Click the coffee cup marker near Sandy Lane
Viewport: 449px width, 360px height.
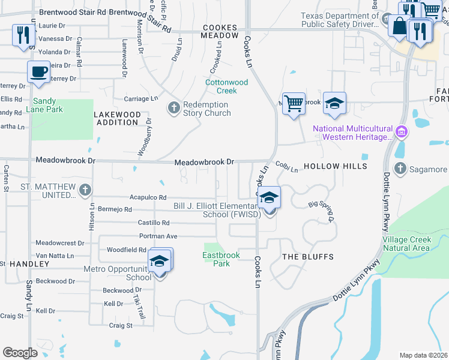coord(39,72)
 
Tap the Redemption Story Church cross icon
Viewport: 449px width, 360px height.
coord(174,108)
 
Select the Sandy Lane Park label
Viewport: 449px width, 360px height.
coord(47,106)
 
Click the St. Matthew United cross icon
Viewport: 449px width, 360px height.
coord(85,191)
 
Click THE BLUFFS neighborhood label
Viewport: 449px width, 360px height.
coord(308,257)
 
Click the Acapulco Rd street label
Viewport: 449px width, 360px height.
coord(148,197)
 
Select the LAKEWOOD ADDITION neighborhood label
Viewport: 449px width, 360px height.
coord(116,118)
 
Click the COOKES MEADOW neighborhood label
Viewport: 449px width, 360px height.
coord(220,31)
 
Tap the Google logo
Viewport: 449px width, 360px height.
coord(20,353)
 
